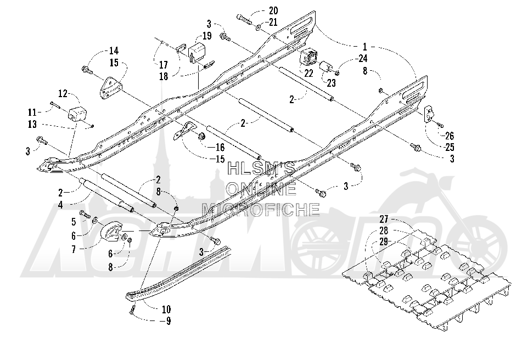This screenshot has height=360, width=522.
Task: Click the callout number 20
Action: coord(274,10)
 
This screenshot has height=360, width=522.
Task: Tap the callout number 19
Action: coord(207,36)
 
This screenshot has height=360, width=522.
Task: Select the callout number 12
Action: coord(63,94)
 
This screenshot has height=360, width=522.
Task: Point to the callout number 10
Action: coord(166,310)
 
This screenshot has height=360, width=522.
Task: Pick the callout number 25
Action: coord(450,147)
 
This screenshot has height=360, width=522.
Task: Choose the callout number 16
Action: coord(220,147)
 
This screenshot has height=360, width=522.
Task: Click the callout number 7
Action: coord(74,249)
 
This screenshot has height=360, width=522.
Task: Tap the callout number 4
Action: coord(60,205)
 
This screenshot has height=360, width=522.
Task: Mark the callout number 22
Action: coord(308,73)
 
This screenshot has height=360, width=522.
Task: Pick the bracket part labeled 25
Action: coord(429,114)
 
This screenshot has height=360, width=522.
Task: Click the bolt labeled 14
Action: coord(87,70)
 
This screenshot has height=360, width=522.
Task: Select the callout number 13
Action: coord(32,124)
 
